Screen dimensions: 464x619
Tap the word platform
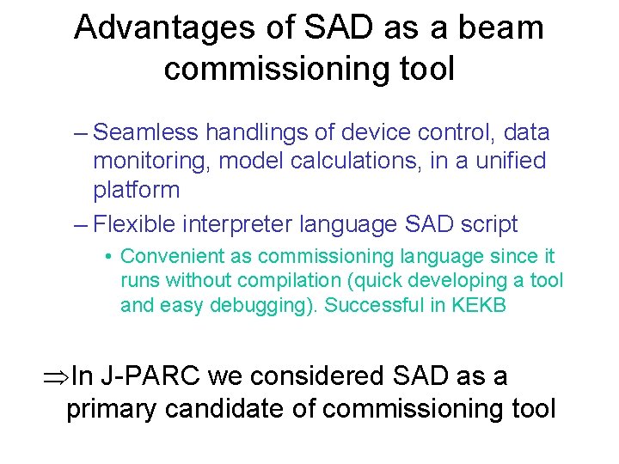click(136, 190)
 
